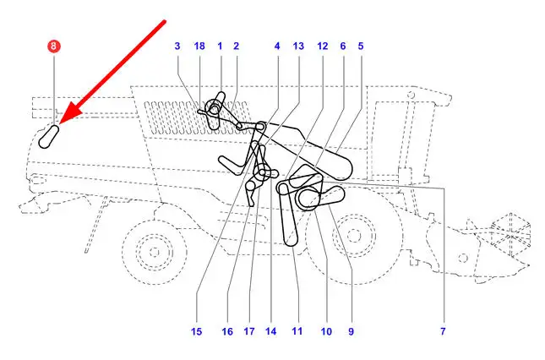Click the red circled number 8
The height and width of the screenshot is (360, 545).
tap(54, 46)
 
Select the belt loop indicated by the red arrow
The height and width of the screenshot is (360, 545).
tap(48, 137)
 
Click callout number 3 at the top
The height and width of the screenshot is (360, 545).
tap(177, 46)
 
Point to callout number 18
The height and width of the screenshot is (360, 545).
tap(199, 46)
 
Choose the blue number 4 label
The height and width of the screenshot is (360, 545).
tap(277, 46)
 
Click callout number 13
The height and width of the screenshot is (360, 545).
tap(298, 46)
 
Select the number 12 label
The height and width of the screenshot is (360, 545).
tap(323, 46)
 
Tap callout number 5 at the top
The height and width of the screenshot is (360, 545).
tap(361, 46)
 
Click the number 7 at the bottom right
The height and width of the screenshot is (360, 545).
tap(443, 331)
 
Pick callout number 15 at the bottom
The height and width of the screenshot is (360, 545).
tap(196, 331)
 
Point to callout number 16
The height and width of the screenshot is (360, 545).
tap(227, 331)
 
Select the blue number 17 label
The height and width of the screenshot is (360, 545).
tap(249, 331)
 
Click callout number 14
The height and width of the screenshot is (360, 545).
tap(270, 331)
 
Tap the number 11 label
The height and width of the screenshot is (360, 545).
tap(297, 331)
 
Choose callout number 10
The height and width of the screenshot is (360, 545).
tap(326, 331)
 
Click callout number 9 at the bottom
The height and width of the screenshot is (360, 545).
tap(351, 331)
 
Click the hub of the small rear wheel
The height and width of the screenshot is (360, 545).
tap(155, 252)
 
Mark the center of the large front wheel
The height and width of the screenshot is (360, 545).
tap(354, 236)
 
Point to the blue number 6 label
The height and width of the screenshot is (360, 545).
tap(343, 46)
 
